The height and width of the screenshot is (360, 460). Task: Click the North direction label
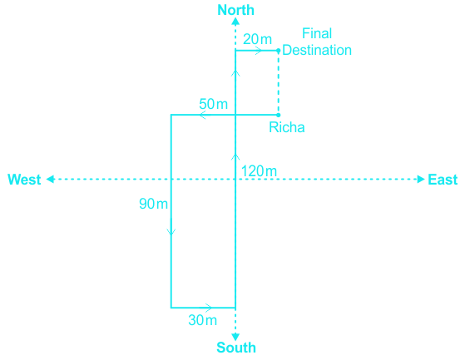click(x=236, y=10)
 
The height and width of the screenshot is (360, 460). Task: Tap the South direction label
click(x=236, y=348)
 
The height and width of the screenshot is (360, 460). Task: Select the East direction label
click(x=443, y=180)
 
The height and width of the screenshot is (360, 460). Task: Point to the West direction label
click(x=24, y=180)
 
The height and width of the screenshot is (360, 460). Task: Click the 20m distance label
click(x=258, y=39)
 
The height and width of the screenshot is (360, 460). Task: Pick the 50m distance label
click(x=213, y=104)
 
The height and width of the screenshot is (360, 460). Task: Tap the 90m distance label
click(x=153, y=204)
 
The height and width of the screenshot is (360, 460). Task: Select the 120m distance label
click(x=259, y=171)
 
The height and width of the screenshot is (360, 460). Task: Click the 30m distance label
click(x=203, y=320)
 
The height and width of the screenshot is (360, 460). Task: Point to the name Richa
click(x=287, y=127)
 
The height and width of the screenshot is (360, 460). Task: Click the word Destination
click(x=317, y=50)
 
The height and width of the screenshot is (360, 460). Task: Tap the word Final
click(x=317, y=33)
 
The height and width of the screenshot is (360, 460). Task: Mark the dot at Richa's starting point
click(x=279, y=115)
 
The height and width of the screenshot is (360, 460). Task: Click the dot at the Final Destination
click(x=279, y=51)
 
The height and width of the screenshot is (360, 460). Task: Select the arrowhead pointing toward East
click(x=421, y=179)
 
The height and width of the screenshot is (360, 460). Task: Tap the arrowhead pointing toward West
click(x=51, y=179)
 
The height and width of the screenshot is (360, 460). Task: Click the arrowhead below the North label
click(x=235, y=22)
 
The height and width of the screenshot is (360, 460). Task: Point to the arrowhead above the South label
click(x=235, y=337)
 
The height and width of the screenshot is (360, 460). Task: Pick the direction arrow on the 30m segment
click(x=208, y=308)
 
